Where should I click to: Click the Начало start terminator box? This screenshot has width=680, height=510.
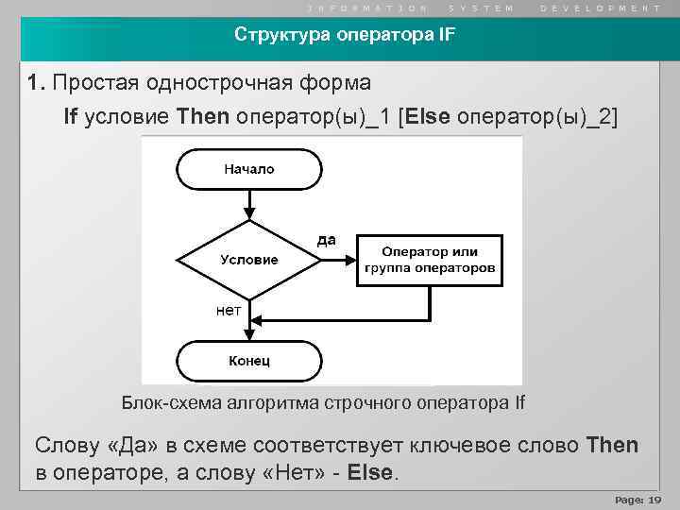pyautogui.click(x=249, y=169)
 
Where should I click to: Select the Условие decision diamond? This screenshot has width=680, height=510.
pyautogui.click(x=249, y=259)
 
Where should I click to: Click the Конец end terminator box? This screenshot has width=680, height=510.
pyautogui.click(x=249, y=360)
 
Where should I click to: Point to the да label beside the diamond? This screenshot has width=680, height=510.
pyautogui.click(x=326, y=240)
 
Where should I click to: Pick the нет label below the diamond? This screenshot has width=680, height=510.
pyautogui.click(x=229, y=309)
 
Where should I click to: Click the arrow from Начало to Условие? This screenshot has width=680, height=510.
pyautogui.click(x=249, y=204)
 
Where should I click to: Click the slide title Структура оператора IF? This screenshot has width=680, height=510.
pyautogui.click(x=345, y=37)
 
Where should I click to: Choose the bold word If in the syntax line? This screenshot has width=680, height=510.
pyautogui.click(x=71, y=116)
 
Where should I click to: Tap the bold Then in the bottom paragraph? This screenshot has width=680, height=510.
pyautogui.click(x=612, y=444)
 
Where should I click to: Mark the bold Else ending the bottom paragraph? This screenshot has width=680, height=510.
pyautogui.click(x=369, y=472)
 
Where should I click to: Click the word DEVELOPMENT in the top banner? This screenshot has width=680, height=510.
pyautogui.click(x=601, y=8)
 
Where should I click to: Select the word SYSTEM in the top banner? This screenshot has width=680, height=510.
pyautogui.click(x=482, y=8)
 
